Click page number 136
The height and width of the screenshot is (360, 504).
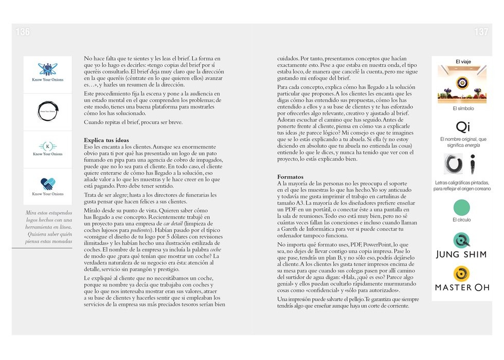click(23, 32)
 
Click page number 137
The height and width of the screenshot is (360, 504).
click(481, 32)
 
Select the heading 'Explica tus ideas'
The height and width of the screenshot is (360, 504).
click(106, 140)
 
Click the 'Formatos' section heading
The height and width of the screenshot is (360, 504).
click(290, 177)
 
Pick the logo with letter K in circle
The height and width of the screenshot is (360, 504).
click(48, 146)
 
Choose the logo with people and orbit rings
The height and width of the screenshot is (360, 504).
click(48, 69)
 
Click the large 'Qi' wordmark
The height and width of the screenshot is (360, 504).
click(463, 126)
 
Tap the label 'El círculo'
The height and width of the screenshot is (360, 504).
click(461, 220)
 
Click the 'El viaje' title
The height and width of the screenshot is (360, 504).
click(463, 62)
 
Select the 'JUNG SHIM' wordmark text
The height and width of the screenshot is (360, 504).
click(461, 254)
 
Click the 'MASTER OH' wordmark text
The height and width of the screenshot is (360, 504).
click(461, 287)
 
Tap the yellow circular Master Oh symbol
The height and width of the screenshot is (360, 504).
click(462, 273)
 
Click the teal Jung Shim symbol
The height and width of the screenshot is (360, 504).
click(462, 240)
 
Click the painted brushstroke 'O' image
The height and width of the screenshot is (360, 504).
click(453, 164)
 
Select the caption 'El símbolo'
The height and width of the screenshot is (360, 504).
click(463, 109)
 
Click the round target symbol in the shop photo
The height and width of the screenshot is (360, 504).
click(462, 82)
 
